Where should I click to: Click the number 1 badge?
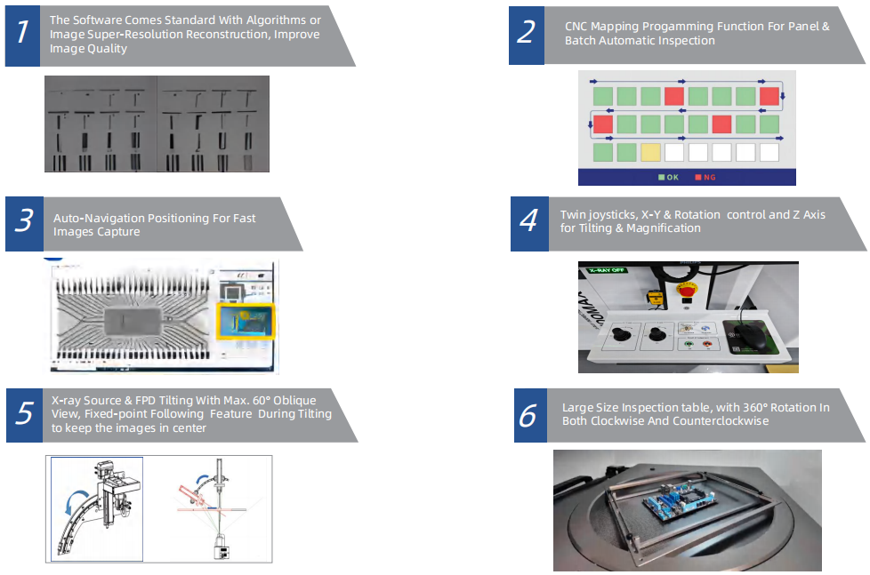(x=22, y=33)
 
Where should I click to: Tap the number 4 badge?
(x=528, y=220)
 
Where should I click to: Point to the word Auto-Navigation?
(x=96, y=218)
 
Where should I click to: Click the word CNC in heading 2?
(x=577, y=27)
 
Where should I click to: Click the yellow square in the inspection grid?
(x=650, y=152)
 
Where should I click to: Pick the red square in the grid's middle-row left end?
(x=603, y=124)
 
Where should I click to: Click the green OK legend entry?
(x=668, y=177)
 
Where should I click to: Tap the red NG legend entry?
(x=705, y=177)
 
